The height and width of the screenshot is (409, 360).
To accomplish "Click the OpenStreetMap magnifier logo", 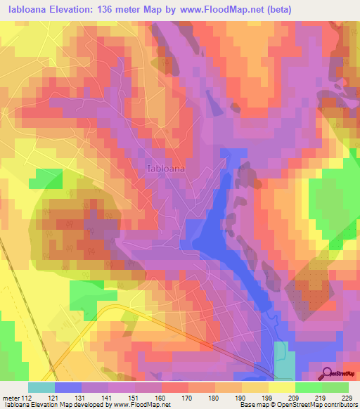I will [x=327, y=373].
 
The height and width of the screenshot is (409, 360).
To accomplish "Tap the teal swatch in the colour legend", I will [x=41, y=387].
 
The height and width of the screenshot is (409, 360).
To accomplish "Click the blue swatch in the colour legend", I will [x=67, y=387].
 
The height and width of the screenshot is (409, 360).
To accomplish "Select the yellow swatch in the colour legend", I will [x=281, y=387].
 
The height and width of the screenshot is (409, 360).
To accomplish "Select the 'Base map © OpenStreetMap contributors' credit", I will [x=296, y=405].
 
